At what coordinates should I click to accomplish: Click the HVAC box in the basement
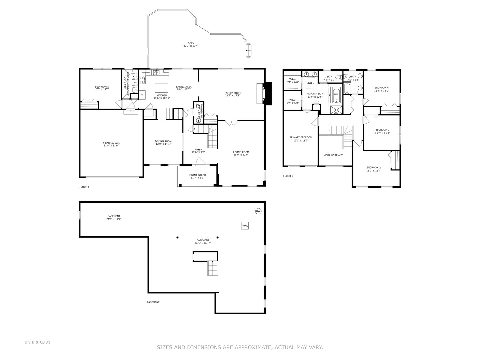pos(245,226)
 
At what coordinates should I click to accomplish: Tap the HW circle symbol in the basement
pos(258,211)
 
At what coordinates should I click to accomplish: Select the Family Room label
pos(232,93)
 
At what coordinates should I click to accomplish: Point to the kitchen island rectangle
pos(161,88)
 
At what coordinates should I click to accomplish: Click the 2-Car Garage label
pos(111,143)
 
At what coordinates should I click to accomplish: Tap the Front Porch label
pos(197,175)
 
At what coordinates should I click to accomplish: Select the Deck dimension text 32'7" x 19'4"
pos(191,46)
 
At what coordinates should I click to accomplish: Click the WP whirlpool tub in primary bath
pos(336,94)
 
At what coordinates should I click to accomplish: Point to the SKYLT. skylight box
pos(310,83)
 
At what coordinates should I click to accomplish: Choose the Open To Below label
pos(333,155)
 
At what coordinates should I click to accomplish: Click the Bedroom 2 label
pos(373,167)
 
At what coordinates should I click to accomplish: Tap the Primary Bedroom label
pos(301,137)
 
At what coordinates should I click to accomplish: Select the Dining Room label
pos(163,141)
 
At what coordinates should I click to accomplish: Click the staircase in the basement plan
pos(212,268)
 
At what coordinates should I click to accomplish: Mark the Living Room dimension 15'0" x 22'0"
pos(241,155)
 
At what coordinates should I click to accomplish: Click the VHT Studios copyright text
pos(37,342)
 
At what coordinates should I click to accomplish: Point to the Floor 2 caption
pos(288,176)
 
